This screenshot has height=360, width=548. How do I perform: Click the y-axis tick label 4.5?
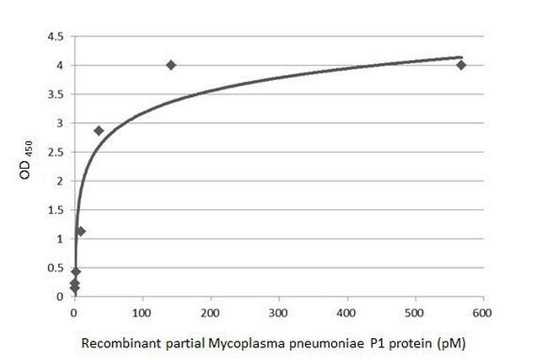(54, 37)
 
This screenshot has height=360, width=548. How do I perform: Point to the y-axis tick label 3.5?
(54, 94)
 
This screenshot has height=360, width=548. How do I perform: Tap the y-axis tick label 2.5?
(54, 152)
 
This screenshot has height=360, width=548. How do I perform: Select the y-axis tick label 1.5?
(54, 210)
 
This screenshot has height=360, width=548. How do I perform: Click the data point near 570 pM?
(461, 65)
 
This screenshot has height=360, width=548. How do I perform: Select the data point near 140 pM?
(171, 65)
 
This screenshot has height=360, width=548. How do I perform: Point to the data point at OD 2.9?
(99, 131)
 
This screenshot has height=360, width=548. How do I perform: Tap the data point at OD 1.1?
(81, 231)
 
